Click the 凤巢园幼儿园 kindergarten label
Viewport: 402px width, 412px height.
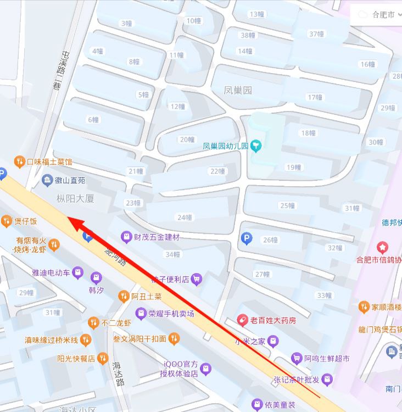click(x=226, y=146)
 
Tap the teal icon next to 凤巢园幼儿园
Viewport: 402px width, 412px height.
click(x=256, y=146)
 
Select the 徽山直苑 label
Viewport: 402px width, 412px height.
click(x=70, y=180)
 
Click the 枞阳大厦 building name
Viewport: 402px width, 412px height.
click(x=75, y=198)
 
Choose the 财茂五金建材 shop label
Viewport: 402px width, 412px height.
click(x=157, y=237)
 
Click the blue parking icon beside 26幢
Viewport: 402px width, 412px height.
click(x=247, y=238)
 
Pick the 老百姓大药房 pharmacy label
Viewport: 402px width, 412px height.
click(x=273, y=320)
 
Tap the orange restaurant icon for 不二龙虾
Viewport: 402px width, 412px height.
click(x=93, y=322)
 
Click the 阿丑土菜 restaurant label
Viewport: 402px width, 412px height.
click(x=146, y=297)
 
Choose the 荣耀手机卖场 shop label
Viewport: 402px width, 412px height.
click(x=171, y=313)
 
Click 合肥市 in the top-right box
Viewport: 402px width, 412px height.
click(x=383, y=15)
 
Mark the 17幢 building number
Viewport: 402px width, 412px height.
click(x=315, y=97)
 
